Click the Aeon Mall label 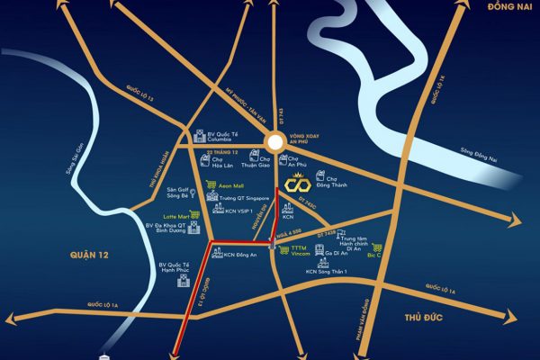pos(232,183)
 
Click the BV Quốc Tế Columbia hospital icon pos(199,139)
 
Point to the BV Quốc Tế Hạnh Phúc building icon pos(181,283)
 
